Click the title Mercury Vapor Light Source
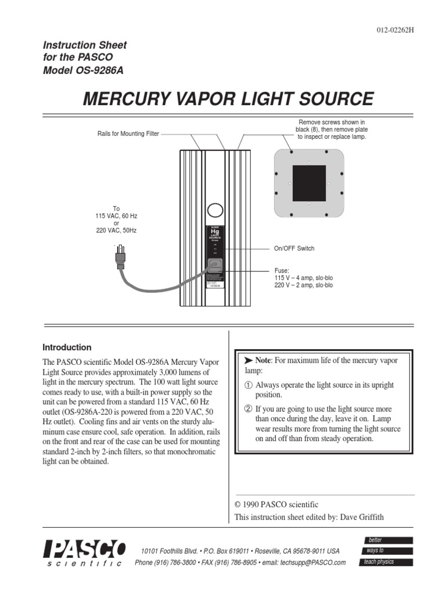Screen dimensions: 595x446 (x=229, y=99)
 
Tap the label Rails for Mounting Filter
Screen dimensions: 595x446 (x=128, y=134)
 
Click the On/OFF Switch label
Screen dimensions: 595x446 (x=294, y=249)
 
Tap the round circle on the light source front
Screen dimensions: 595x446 (x=215, y=209)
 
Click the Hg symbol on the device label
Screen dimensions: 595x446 (x=214, y=232)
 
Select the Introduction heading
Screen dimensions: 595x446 (x=67, y=347)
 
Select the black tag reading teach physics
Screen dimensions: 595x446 (x=387, y=562)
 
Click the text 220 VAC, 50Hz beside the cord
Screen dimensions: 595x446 (x=116, y=231)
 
